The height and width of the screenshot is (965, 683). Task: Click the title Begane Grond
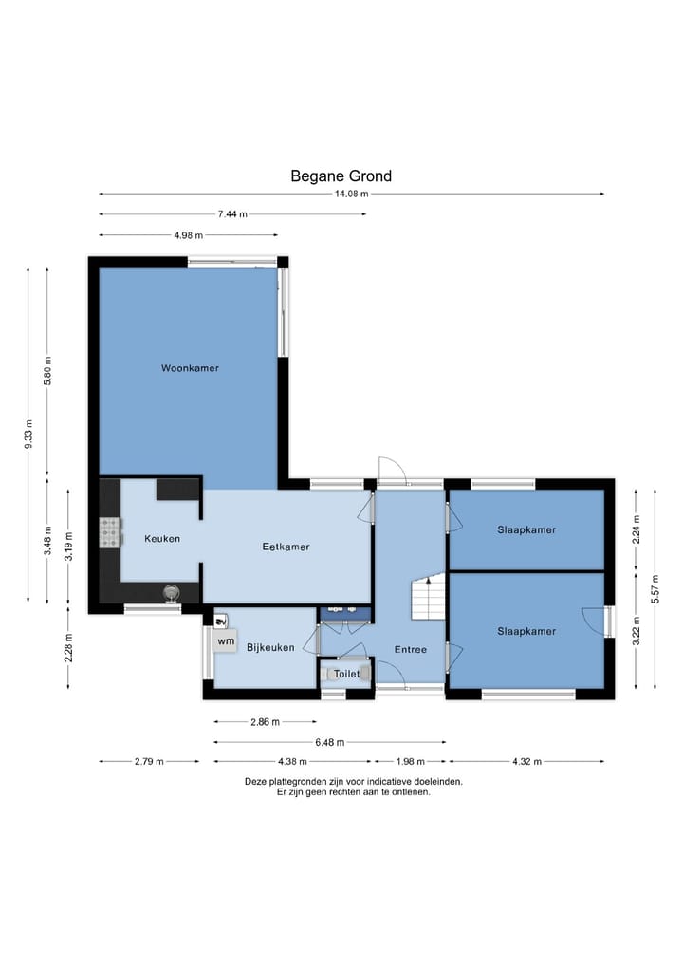341,176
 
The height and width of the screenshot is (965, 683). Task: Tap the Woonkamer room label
190,368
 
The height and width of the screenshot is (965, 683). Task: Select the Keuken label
162,539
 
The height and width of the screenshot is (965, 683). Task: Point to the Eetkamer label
286,547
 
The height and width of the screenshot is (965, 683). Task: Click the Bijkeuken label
270,647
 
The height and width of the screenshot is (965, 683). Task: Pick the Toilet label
347,674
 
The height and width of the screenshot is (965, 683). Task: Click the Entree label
411,649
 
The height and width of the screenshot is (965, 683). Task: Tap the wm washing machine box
226,641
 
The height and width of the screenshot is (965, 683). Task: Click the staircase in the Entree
428,598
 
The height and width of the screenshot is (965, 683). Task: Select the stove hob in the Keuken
111,533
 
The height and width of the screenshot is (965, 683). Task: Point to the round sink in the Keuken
171,593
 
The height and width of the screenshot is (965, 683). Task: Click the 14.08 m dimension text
351,194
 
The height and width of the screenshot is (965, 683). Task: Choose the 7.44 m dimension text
232,214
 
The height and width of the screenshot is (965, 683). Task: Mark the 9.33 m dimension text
28,434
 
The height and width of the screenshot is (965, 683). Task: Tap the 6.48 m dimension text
330,742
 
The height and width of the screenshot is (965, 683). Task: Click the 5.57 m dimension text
655,589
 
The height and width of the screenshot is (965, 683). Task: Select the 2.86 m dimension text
266,722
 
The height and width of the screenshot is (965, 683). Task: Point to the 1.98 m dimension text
411,761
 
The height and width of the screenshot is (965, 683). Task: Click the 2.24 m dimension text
637,529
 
